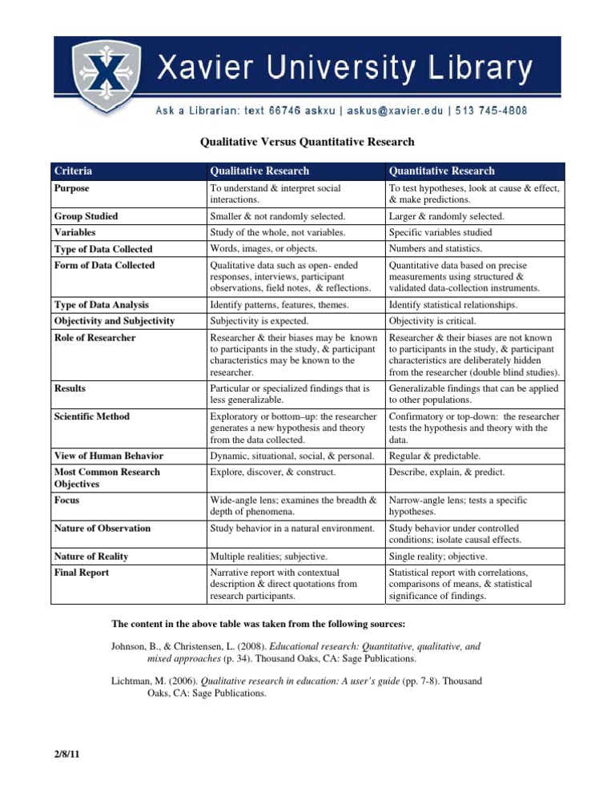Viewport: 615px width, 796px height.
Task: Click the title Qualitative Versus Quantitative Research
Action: tap(307, 143)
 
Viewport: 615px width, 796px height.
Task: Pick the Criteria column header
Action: tap(73, 171)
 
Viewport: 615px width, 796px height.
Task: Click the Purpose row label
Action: tap(72, 187)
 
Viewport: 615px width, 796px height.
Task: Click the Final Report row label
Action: tap(82, 573)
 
